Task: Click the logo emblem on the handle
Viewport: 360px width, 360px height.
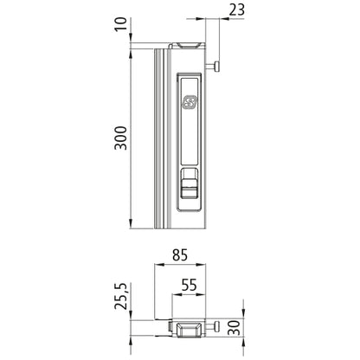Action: [x=190, y=102]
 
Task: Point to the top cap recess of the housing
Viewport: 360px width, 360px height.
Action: [x=190, y=44]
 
